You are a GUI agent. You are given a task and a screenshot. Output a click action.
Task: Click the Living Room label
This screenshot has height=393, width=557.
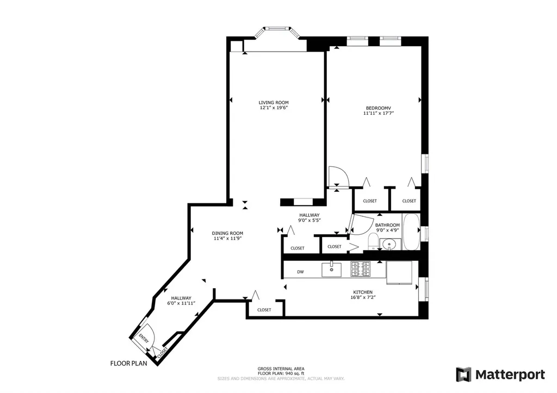[274, 103]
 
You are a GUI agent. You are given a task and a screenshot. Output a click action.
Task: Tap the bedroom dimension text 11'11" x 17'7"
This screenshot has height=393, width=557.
[379, 114]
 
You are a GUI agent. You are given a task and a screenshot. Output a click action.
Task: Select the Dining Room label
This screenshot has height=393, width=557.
[227, 233]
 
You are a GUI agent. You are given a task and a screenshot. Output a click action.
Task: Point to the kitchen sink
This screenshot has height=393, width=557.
[331, 270]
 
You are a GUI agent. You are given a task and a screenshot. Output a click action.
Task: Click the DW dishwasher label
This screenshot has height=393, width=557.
[300, 272]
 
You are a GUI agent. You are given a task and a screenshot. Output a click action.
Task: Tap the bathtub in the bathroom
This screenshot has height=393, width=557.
[411, 232]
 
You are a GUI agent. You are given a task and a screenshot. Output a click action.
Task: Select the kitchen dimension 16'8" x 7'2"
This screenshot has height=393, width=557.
[363, 297]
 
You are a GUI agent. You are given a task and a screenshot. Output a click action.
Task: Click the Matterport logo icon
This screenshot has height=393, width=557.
[463, 375]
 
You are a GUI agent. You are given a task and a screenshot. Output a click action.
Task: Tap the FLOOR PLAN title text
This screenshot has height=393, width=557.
[128, 363]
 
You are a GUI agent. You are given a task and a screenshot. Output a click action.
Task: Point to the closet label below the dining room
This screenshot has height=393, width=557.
[264, 310]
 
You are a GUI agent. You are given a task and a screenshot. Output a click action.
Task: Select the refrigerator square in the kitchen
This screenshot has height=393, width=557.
[399, 273]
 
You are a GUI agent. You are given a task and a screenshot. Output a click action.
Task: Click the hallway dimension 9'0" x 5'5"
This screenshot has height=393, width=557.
[310, 220]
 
